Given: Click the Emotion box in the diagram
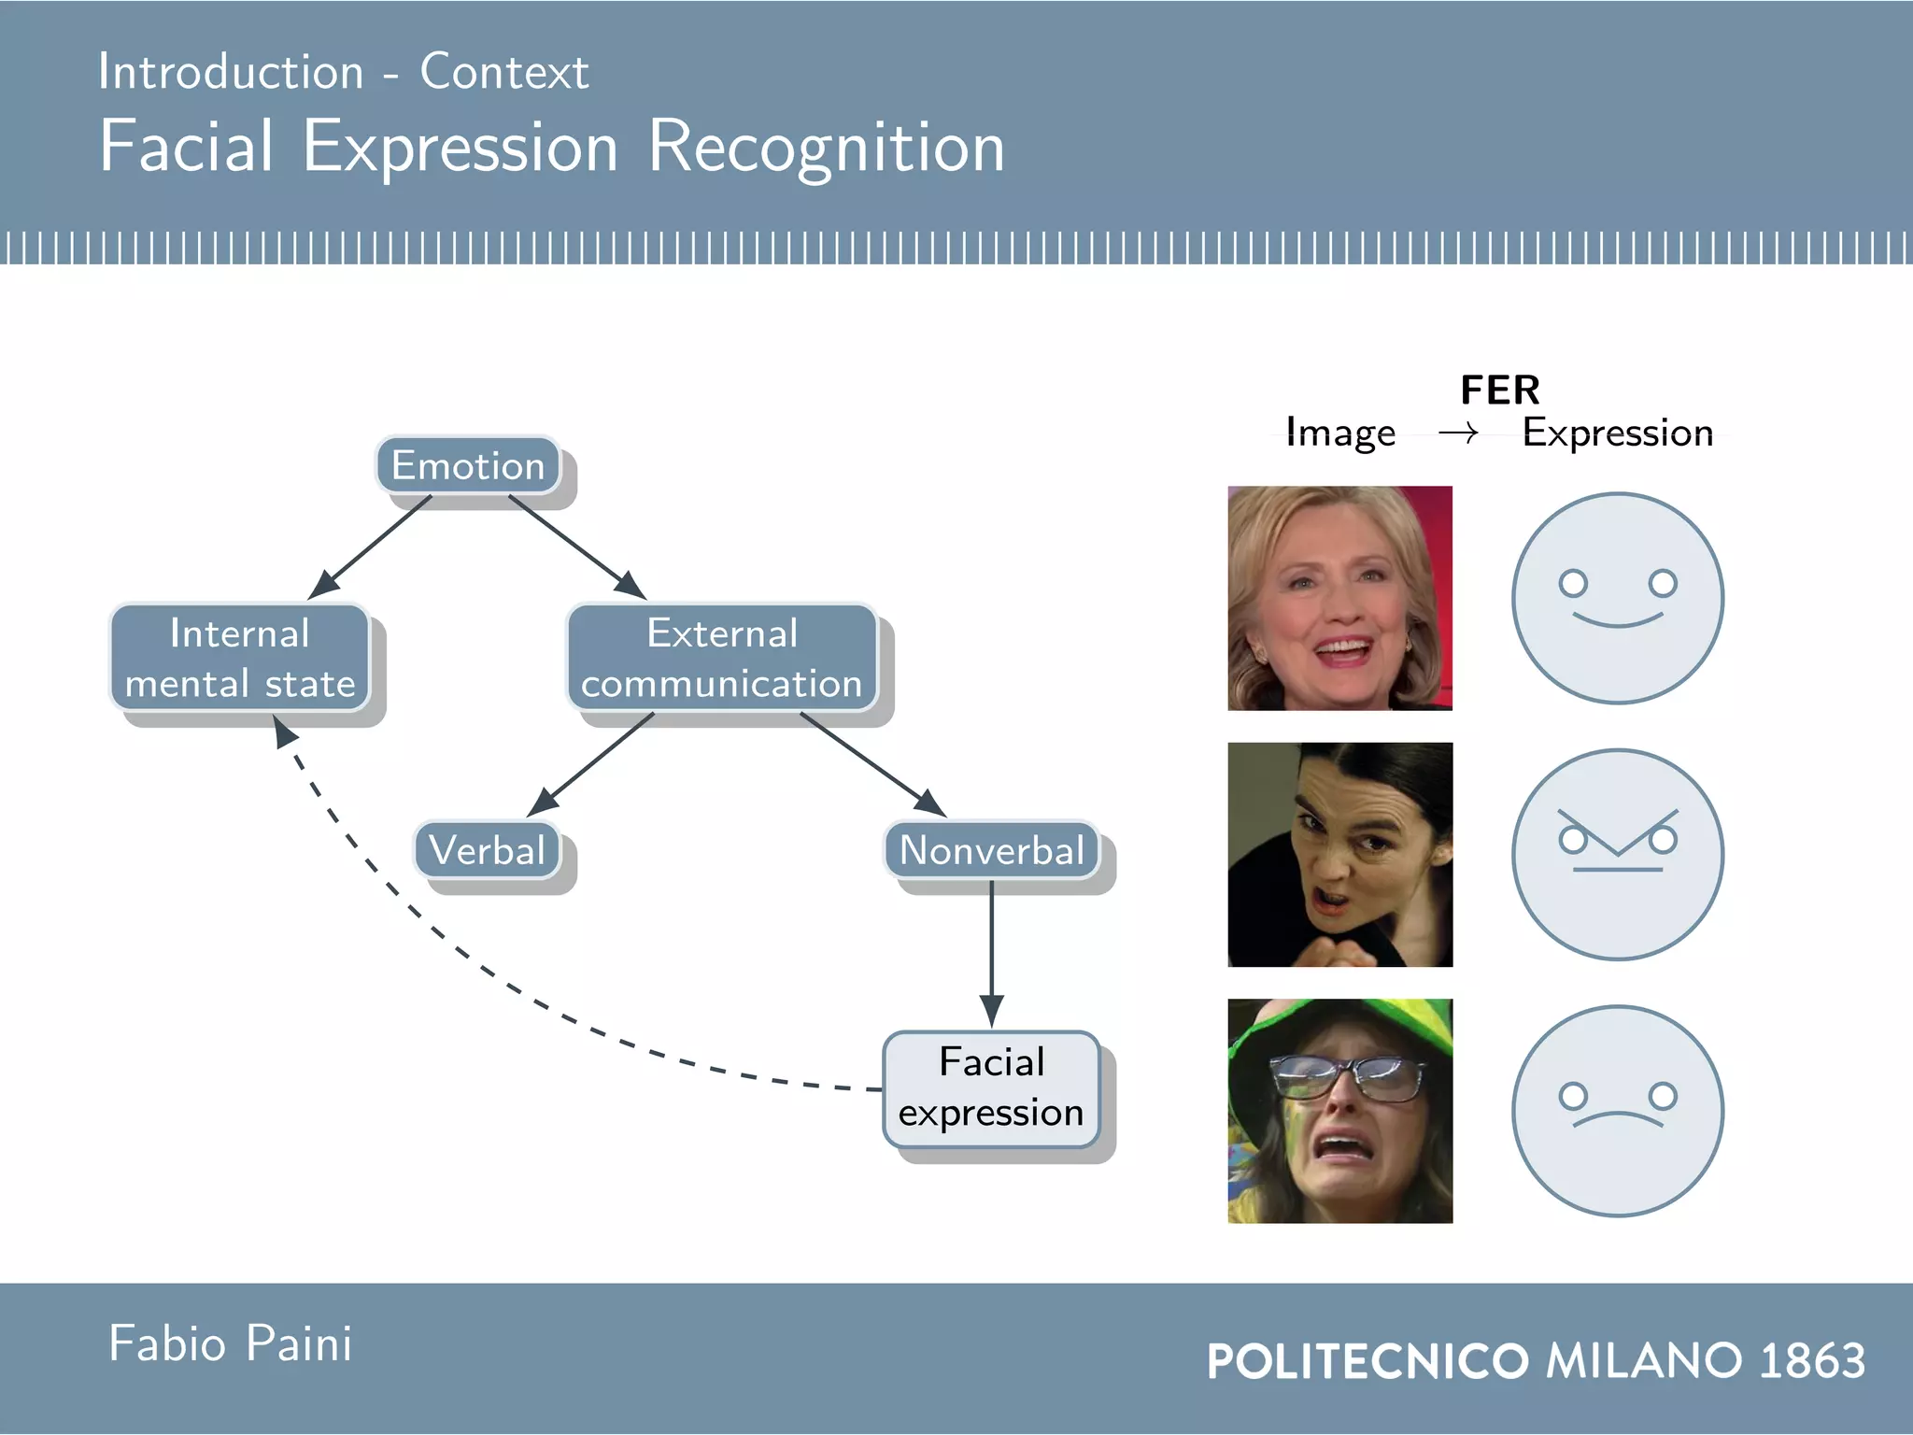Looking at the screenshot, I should point(468,465).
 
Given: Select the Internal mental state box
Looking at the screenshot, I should point(240,658).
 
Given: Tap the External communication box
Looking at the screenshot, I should point(722,658).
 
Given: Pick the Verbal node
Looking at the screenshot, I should point(487,850).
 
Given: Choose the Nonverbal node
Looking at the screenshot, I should point(991,850).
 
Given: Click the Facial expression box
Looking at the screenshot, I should point(991,1088).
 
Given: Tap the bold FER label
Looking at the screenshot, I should point(1500,391).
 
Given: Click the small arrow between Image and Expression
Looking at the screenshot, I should point(1458,433).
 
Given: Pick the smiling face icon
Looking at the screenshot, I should point(1618,598).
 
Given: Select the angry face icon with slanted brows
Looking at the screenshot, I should point(1618,854).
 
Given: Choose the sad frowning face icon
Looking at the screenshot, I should point(1618,1111).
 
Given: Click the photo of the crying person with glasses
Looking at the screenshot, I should point(1339,1111).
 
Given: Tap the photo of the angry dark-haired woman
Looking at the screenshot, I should point(1339,854).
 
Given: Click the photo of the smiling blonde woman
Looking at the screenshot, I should point(1339,598).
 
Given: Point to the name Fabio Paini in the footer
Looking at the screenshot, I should point(230,1344).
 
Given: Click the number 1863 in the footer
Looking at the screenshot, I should point(1812,1360).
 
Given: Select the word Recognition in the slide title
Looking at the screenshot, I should point(826,148).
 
